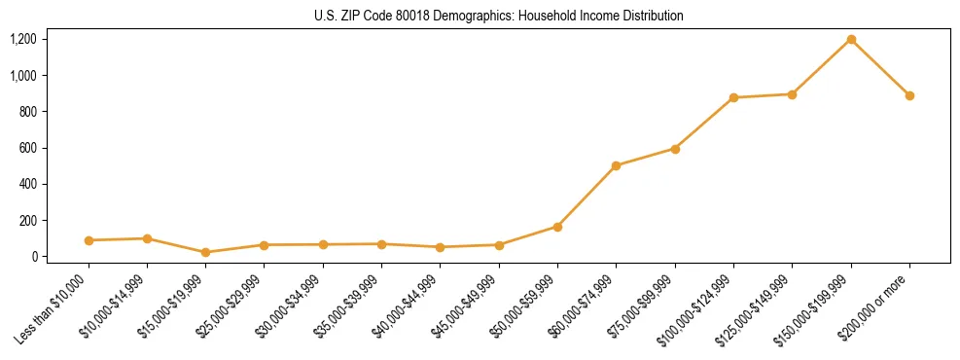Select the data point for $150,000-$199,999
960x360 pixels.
(851, 40)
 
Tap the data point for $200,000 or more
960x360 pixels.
(909, 95)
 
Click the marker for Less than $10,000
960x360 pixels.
(89, 240)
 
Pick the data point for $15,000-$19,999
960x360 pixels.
(205, 252)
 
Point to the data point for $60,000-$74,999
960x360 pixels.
(616, 165)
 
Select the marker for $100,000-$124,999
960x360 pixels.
(733, 97)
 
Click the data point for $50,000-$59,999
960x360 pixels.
(557, 227)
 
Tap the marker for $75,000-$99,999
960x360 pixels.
(675, 149)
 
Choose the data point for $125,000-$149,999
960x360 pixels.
(792, 94)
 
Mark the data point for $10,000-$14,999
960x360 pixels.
(147, 238)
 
